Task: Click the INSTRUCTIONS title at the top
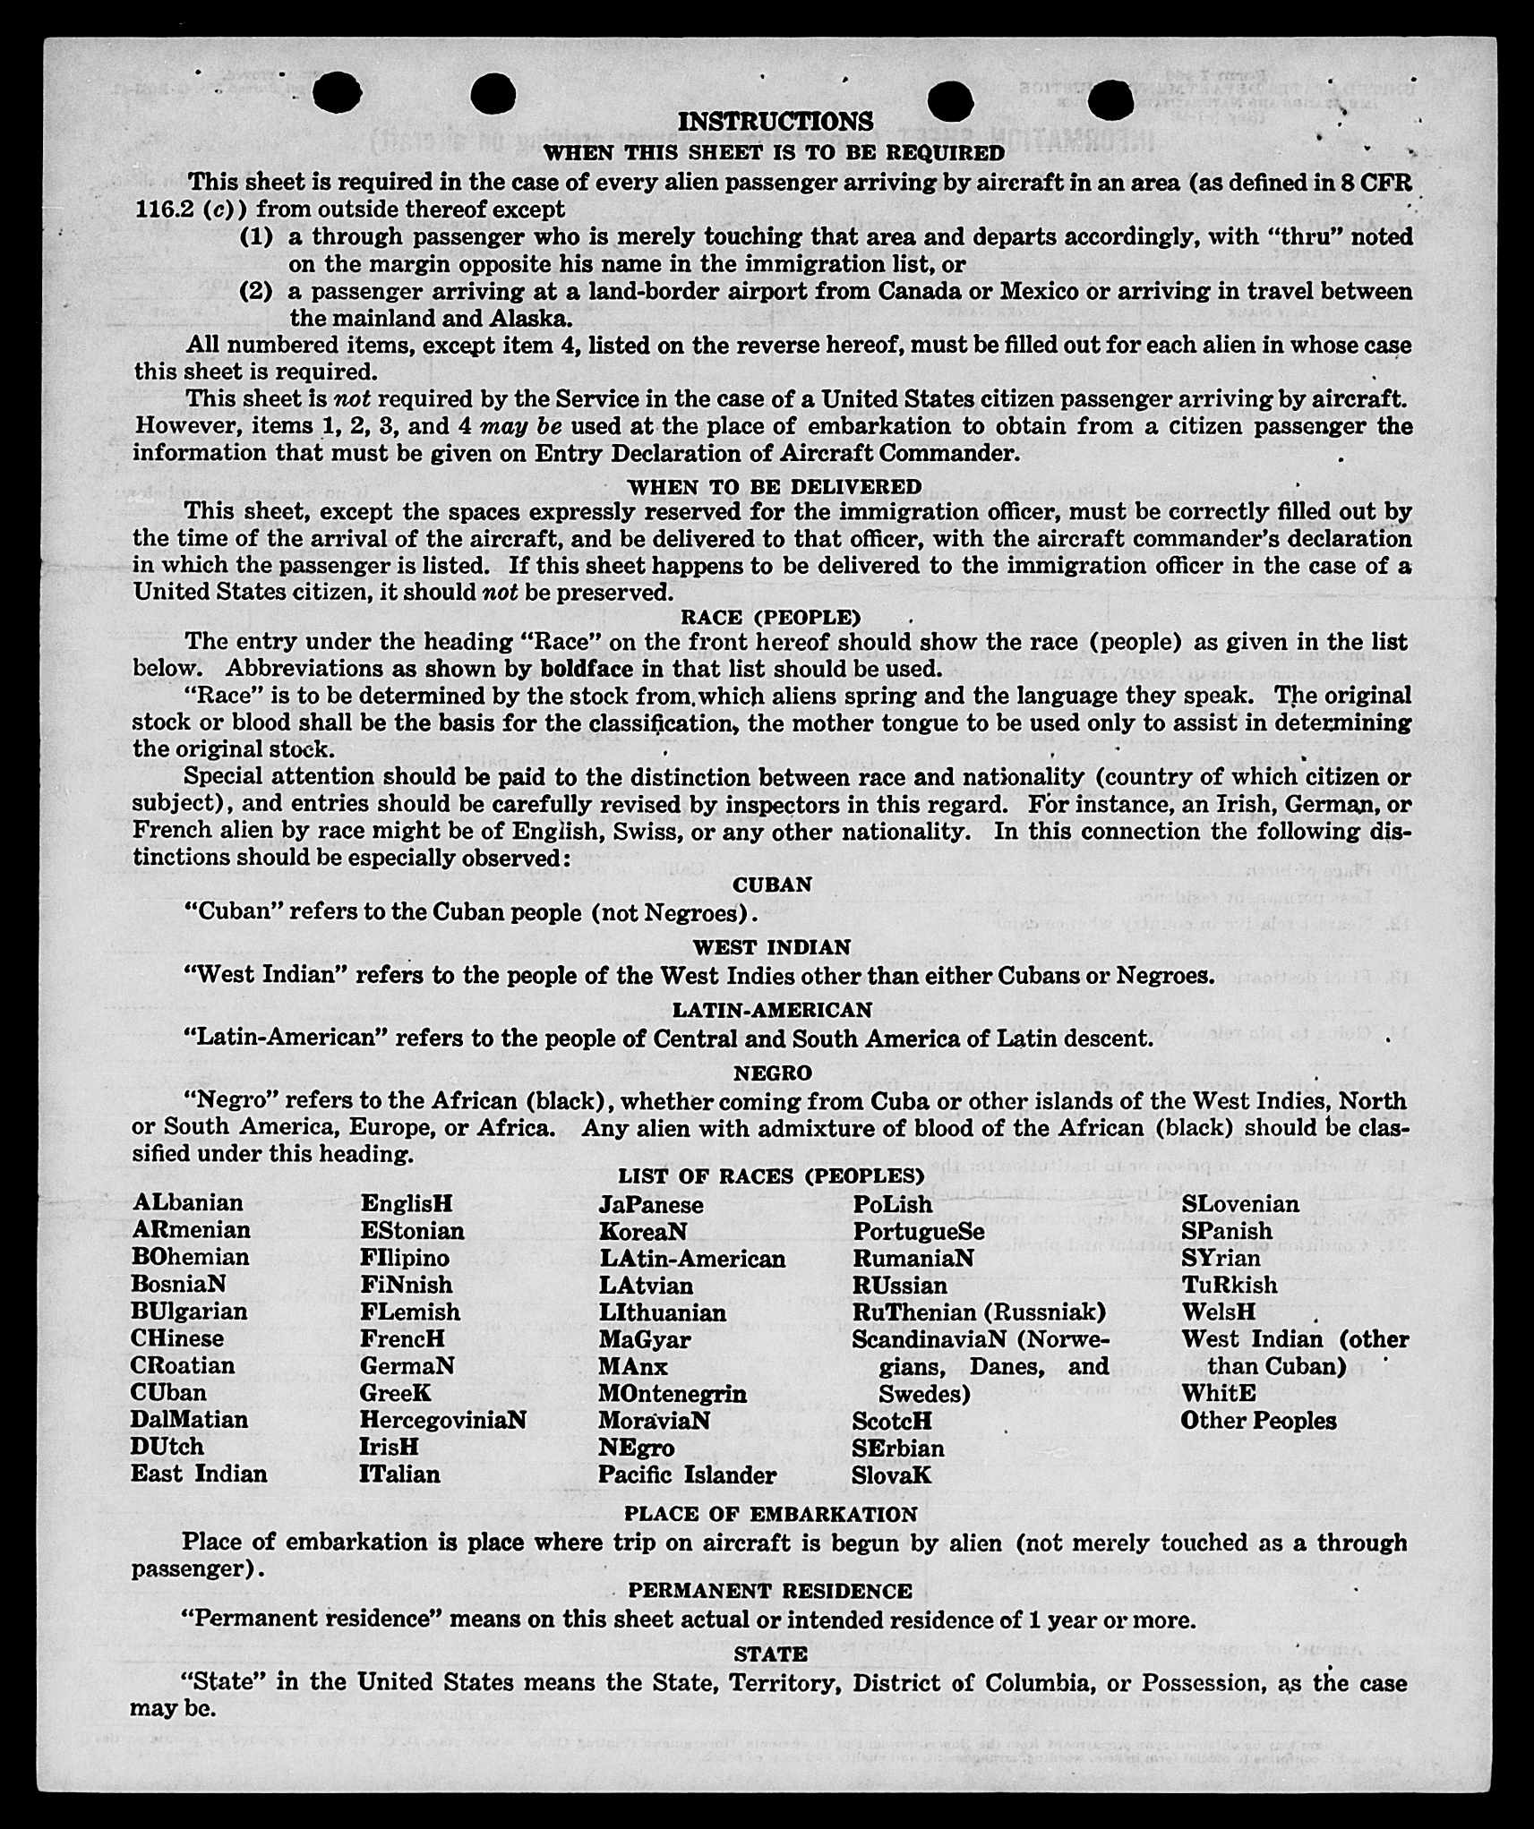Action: pos(776,122)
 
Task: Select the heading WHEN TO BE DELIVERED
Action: pos(775,487)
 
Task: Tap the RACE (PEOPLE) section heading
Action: pos(771,618)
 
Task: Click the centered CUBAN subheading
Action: pos(772,885)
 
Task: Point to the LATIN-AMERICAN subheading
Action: pos(772,1010)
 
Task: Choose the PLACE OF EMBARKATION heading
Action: pos(771,1514)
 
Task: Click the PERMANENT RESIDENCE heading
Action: pos(770,1591)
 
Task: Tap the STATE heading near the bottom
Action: pos(771,1654)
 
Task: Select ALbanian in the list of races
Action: pos(187,1202)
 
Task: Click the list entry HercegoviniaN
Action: pos(443,1420)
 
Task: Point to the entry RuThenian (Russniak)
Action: pos(979,1312)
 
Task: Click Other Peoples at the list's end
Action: pos(1258,1421)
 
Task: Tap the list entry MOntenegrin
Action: pos(673,1394)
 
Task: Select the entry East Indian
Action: pos(199,1474)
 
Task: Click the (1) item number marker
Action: pos(256,237)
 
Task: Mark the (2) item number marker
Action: pos(256,292)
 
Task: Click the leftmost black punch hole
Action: pos(338,93)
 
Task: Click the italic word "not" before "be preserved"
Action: pos(496,593)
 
